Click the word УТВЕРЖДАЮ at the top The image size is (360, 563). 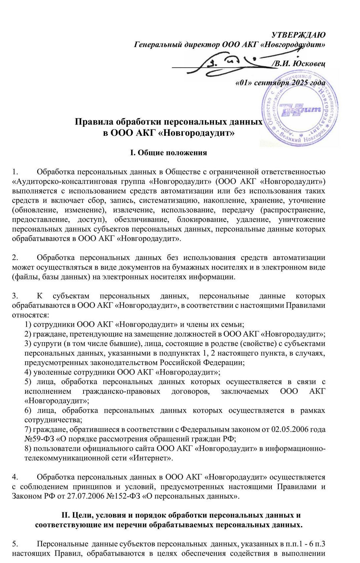[298, 35]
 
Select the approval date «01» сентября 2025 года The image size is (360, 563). [280, 82]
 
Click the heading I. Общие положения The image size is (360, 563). [168, 153]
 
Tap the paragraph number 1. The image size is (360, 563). [15, 172]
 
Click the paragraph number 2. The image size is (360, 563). [15, 258]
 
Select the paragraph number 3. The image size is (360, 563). [15, 296]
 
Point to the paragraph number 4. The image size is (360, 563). [15, 477]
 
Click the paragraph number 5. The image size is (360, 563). [15, 544]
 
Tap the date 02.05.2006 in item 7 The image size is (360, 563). [289, 430]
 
